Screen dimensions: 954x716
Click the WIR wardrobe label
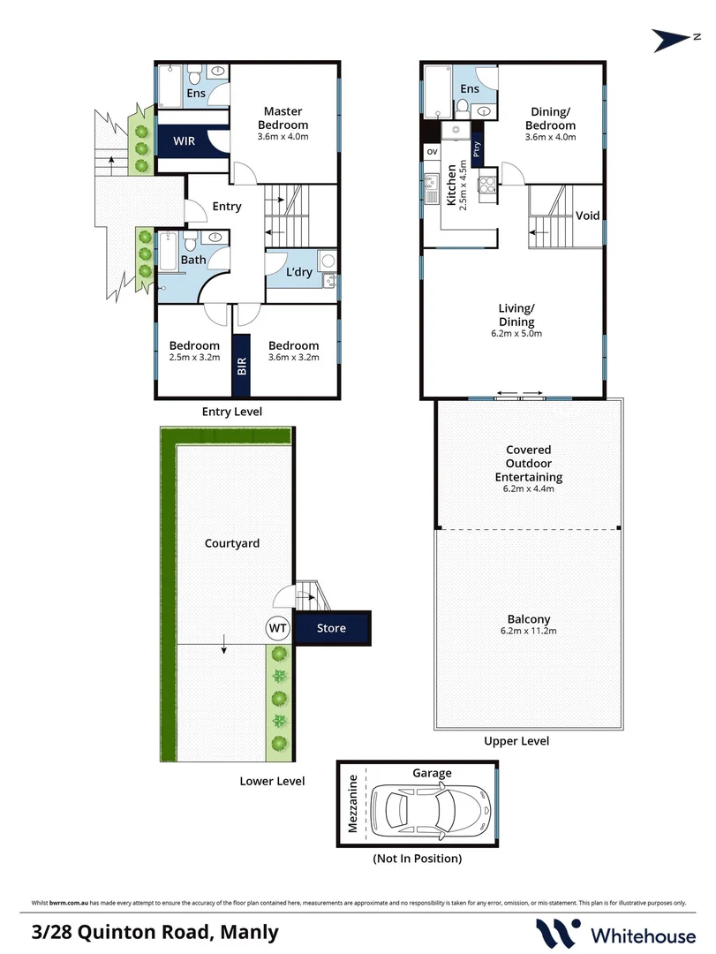184,140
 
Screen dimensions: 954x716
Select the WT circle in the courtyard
278,628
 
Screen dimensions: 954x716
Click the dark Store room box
332,628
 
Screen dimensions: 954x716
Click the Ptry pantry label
476,148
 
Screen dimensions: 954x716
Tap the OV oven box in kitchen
432,152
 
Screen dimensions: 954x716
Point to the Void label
588,216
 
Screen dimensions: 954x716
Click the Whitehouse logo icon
558,933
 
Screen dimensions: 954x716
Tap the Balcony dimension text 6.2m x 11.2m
530,631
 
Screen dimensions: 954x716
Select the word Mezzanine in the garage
352,804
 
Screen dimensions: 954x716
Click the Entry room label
227,207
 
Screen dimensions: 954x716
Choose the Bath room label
193,260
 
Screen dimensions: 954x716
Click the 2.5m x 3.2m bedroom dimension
194,358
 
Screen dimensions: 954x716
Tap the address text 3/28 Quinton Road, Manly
155,931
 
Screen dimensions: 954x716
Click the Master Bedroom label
283,117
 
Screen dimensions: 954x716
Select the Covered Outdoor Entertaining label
529,463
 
